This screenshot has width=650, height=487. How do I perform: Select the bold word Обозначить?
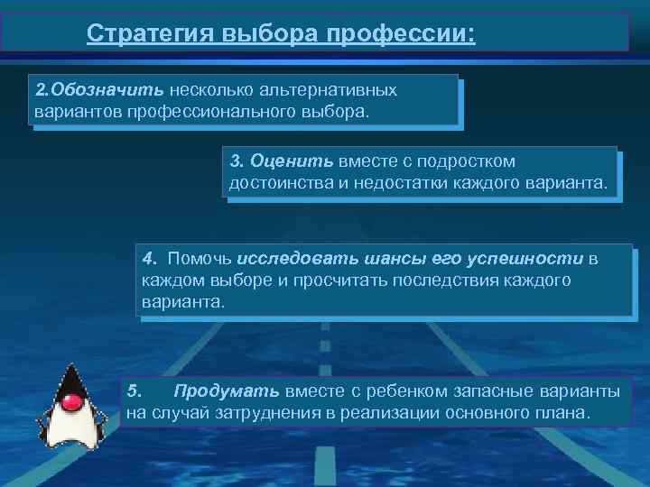(x=107, y=91)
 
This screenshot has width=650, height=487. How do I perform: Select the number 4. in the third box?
(x=150, y=260)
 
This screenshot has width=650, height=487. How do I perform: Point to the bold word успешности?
(x=525, y=260)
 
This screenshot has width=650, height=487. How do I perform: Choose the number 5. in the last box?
(x=135, y=391)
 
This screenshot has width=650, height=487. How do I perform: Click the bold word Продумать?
(x=227, y=391)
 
